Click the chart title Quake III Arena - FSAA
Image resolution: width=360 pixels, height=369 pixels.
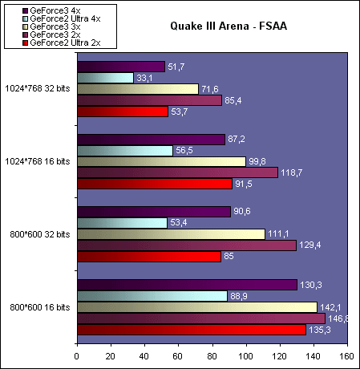click(x=229, y=26)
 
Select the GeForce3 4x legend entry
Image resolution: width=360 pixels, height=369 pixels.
click(x=51, y=10)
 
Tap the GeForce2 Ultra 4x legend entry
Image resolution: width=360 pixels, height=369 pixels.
click(x=62, y=18)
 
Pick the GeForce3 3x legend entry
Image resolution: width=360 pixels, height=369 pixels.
click(x=51, y=26)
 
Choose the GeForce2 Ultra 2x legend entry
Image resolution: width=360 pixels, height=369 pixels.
click(x=62, y=43)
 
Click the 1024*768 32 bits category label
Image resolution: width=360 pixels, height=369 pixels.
click(x=38, y=88)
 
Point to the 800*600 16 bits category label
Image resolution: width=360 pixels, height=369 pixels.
click(x=40, y=307)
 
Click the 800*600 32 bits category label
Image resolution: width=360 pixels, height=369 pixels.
click(x=40, y=234)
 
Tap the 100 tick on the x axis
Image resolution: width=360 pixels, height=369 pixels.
click(x=246, y=356)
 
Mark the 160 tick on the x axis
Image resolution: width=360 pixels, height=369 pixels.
click(x=347, y=356)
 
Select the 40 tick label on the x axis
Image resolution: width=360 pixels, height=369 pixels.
click(x=144, y=356)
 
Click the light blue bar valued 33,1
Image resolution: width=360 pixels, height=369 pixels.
click(x=106, y=78)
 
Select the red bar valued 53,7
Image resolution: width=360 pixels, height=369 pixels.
click(x=123, y=112)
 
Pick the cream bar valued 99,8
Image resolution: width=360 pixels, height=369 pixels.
click(x=162, y=161)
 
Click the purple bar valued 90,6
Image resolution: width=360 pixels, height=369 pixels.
click(x=154, y=212)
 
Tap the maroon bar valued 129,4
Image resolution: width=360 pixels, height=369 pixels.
click(x=187, y=245)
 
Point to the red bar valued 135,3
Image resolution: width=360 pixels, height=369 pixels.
click(x=192, y=330)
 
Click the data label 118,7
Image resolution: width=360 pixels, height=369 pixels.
click(x=291, y=172)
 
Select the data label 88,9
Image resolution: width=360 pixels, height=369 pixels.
click(x=239, y=296)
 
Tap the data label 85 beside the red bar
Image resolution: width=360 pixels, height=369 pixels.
click(x=229, y=256)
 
